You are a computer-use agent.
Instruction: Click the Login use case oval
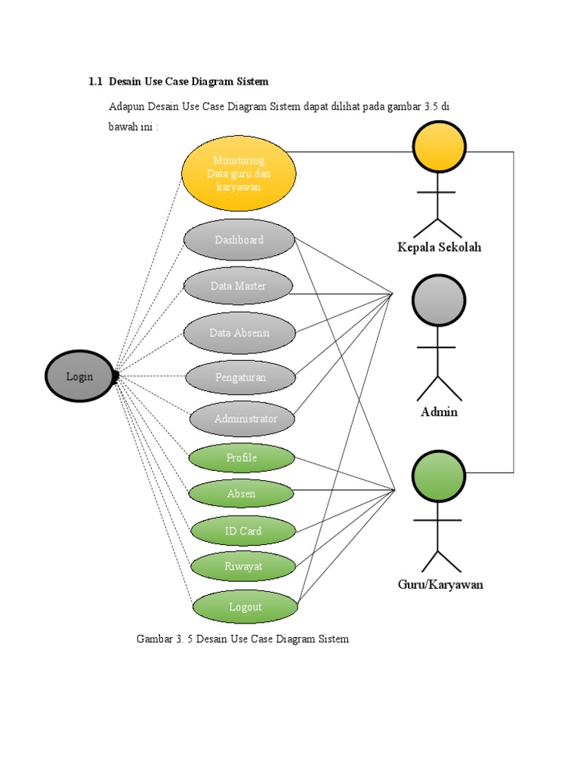pyautogui.click(x=79, y=376)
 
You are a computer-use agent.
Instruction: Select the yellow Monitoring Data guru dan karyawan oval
pyautogui.click(x=239, y=174)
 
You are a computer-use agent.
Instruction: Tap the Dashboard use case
pyautogui.click(x=239, y=240)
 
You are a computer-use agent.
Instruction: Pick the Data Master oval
pyautogui.click(x=239, y=286)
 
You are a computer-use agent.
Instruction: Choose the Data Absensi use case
pyautogui.click(x=239, y=333)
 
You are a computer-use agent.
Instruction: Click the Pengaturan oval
pyautogui.click(x=240, y=377)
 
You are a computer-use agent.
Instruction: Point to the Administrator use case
pyautogui.click(x=242, y=419)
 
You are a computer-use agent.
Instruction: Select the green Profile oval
pyautogui.click(x=242, y=458)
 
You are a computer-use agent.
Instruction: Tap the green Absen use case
pyautogui.click(x=242, y=494)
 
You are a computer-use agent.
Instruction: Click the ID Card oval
pyautogui.click(x=243, y=531)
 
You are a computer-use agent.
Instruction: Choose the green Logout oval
pyautogui.click(x=245, y=607)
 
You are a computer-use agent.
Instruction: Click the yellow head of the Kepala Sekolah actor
pyautogui.click(x=439, y=146)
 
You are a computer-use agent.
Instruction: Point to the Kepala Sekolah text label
pyautogui.click(x=439, y=248)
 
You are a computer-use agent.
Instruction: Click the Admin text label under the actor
pyautogui.click(x=439, y=412)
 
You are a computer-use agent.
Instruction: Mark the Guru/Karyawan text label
pyautogui.click(x=440, y=584)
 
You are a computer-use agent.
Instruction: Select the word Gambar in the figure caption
pyautogui.click(x=153, y=639)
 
